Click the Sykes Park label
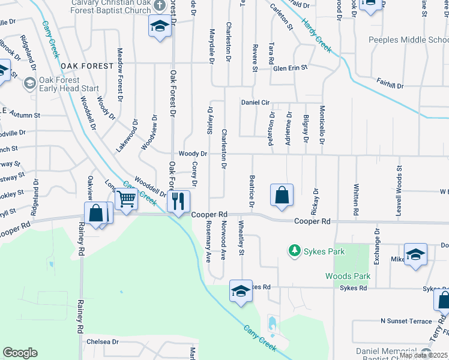324,251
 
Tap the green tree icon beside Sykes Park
294,250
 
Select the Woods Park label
348,277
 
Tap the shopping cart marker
127,199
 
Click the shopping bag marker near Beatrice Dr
282,196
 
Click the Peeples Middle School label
408,40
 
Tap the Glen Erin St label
290,68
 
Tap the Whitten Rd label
356,200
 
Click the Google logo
20,353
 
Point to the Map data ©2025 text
423,355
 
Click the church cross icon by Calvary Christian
159,5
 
